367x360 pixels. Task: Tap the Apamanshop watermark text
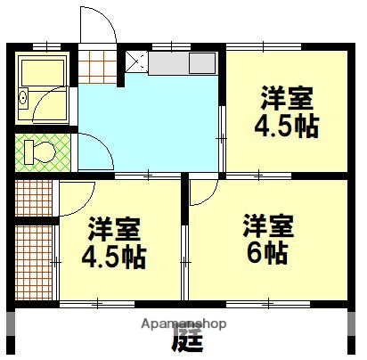point(183,323)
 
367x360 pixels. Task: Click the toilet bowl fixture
point(37,151)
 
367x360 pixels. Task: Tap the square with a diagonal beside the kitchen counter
point(135,61)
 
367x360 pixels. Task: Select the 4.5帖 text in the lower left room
point(114,258)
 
